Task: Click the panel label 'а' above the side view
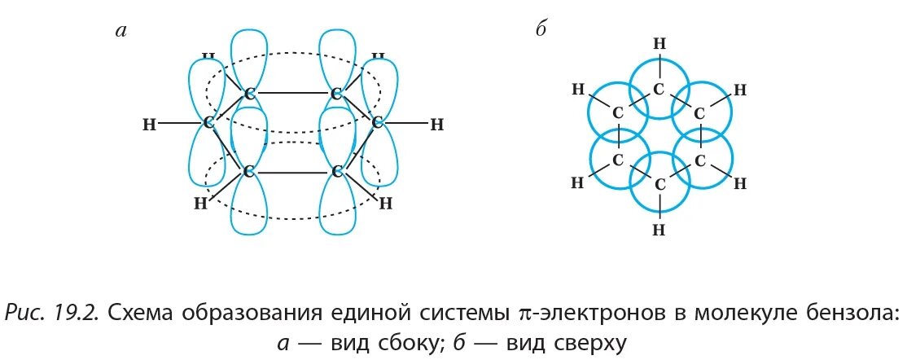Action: (x=121, y=32)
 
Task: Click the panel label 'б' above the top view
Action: (x=540, y=30)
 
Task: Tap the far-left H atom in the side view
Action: (x=148, y=125)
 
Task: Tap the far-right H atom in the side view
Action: (x=436, y=125)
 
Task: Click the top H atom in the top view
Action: (x=659, y=42)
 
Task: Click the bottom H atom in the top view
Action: (x=659, y=230)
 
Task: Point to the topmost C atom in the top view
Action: (x=659, y=88)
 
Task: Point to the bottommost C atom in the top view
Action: (x=659, y=185)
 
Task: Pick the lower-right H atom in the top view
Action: (x=740, y=183)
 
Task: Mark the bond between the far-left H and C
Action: (x=178, y=124)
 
